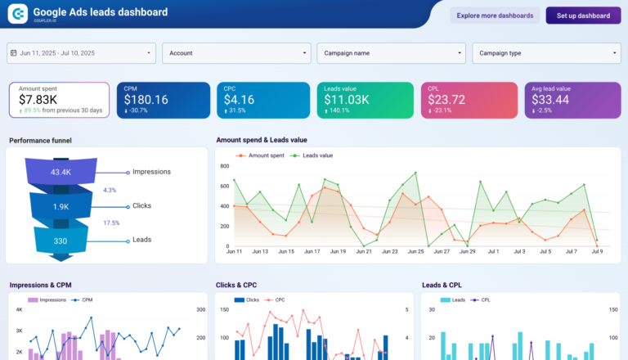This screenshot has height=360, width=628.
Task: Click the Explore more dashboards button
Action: coord(495,16)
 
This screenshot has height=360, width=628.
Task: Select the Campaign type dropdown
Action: coord(546,53)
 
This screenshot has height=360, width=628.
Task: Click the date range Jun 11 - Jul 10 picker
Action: coord(81,53)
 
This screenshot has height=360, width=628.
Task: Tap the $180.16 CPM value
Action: coord(146,100)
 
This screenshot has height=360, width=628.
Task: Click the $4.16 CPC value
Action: coord(239,100)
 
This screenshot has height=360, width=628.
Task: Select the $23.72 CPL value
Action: coord(446,100)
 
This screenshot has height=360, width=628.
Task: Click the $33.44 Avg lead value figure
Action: coord(553,100)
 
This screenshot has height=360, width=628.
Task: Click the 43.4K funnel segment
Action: coord(61,172)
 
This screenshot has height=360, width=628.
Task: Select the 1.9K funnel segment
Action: coord(61,206)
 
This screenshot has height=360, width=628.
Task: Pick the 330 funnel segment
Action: coord(61,241)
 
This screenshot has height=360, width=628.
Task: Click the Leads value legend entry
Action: coord(316,155)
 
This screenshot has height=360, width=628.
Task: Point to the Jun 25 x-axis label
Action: coord(415,252)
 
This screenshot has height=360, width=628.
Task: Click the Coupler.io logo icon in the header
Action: coord(17,14)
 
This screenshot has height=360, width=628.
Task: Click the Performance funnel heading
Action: coord(40,140)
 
